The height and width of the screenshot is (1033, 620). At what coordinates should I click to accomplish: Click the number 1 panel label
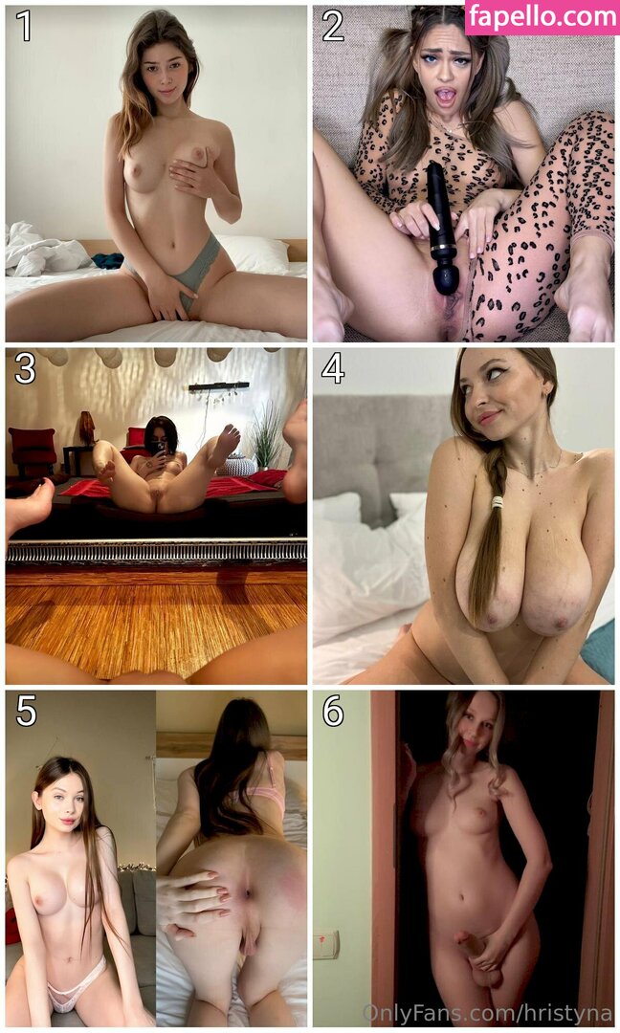[24, 26]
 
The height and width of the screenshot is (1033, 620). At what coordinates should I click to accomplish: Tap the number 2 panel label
[332, 26]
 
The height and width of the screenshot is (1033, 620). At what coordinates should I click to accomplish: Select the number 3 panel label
[24, 369]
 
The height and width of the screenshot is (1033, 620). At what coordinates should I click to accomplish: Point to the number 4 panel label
[333, 369]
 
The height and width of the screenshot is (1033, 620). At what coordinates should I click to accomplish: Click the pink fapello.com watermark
[542, 17]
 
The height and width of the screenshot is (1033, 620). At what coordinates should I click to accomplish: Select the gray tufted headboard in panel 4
[376, 454]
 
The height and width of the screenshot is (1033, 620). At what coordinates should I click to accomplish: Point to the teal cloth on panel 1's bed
[107, 261]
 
